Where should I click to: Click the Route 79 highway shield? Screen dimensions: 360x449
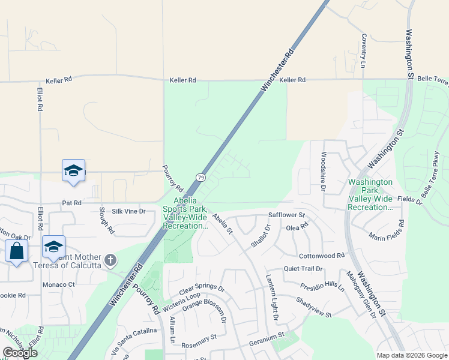pyautogui.click(x=200, y=178)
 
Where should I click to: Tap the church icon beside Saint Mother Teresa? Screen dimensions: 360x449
pyautogui.click(x=109, y=260)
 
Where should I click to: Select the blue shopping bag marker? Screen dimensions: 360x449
pyautogui.click(x=16, y=251)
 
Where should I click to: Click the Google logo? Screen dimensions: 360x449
pyautogui.click(x=20, y=353)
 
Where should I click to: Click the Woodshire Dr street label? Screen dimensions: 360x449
pyautogui.click(x=323, y=172)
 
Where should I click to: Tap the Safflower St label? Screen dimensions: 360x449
pyautogui.click(x=287, y=214)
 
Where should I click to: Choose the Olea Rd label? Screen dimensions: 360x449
pyautogui.click(x=297, y=227)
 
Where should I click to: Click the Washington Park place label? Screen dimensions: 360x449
pyautogui.click(x=370, y=194)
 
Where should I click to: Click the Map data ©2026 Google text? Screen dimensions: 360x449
pyautogui.click(x=411, y=355)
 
